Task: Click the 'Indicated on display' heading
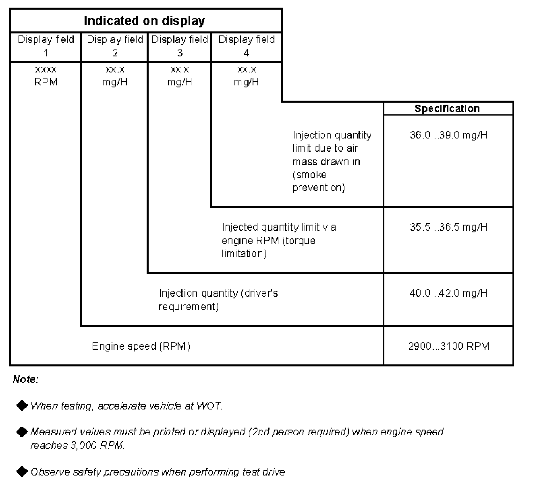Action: pyautogui.click(x=144, y=21)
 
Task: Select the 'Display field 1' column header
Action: pyautogui.click(x=46, y=46)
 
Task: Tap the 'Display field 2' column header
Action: pyautogui.click(x=115, y=46)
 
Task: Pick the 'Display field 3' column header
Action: pyautogui.click(x=180, y=46)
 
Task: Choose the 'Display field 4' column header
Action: pyautogui.click(x=246, y=46)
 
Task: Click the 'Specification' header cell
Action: pyautogui.click(x=447, y=109)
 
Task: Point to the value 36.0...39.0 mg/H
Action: pyautogui.click(x=448, y=135)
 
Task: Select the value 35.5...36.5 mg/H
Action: pyautogui.click(x=448, y=227)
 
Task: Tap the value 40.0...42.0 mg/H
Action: pyautogui.click(x=448, y=294)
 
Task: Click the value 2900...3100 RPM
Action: pyautogui.click(x=448, y=346)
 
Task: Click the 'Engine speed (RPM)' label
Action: pyautogui.click(x=141, y=346)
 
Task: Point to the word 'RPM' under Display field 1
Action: pyautogui.click(x=46, y=82)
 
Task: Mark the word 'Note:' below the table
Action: pyautogui.click(x=26, y=379)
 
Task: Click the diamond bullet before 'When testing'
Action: pyautogui.click(x=22, y=405)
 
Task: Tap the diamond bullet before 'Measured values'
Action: pyautogui.click(x=22, y=432)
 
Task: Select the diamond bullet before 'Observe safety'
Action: pyautogui.click(x=22, y=471)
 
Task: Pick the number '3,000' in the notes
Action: pyautogui.click(x=83, y=446)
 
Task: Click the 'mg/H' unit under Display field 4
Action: pyautogui.click(x=246, y=82)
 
